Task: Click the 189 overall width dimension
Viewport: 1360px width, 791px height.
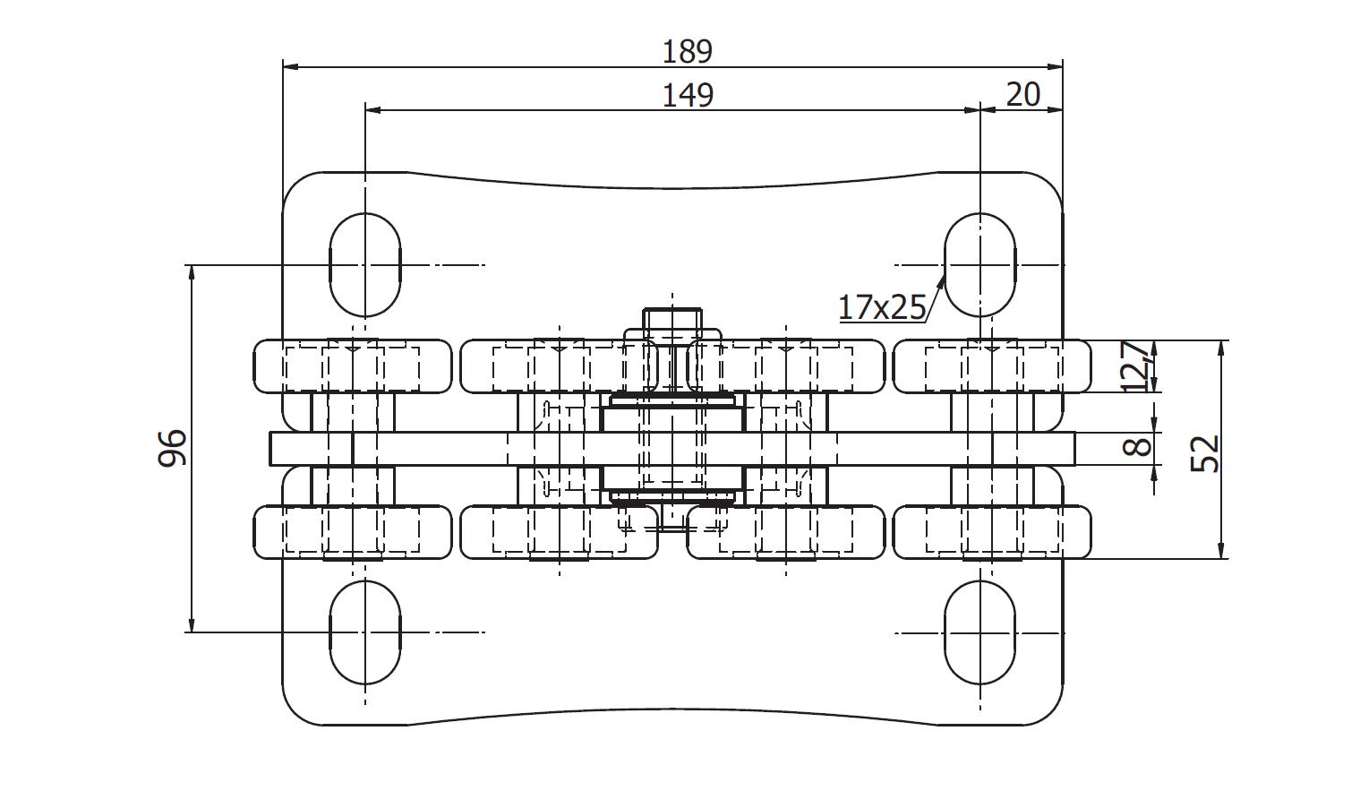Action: [687, 51]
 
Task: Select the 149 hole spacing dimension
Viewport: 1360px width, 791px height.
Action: [688, 95]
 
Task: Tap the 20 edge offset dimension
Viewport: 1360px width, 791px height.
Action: [1023, 94]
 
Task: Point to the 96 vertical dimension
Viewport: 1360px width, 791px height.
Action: [172, 448]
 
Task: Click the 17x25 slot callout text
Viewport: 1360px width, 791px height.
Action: [882, 306]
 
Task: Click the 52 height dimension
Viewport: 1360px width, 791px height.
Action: [1205, 453]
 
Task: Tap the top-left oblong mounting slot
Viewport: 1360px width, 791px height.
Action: [365, 265]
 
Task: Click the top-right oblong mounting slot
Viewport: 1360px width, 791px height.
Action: [979, 265]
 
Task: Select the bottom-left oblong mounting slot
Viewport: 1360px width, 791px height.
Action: [365, 632]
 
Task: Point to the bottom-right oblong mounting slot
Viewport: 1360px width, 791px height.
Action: [979, 632]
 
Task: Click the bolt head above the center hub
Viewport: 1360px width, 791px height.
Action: [672, 318]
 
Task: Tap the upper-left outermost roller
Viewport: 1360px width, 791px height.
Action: [353, 366]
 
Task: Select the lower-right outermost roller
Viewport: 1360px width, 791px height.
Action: [992, 532]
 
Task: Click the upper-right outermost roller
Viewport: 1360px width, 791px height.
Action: [992, 366]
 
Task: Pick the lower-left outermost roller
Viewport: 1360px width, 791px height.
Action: [353, 532]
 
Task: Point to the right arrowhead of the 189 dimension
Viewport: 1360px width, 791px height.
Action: [1055, 67]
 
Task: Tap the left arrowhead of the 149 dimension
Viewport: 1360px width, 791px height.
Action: [373, 110]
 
